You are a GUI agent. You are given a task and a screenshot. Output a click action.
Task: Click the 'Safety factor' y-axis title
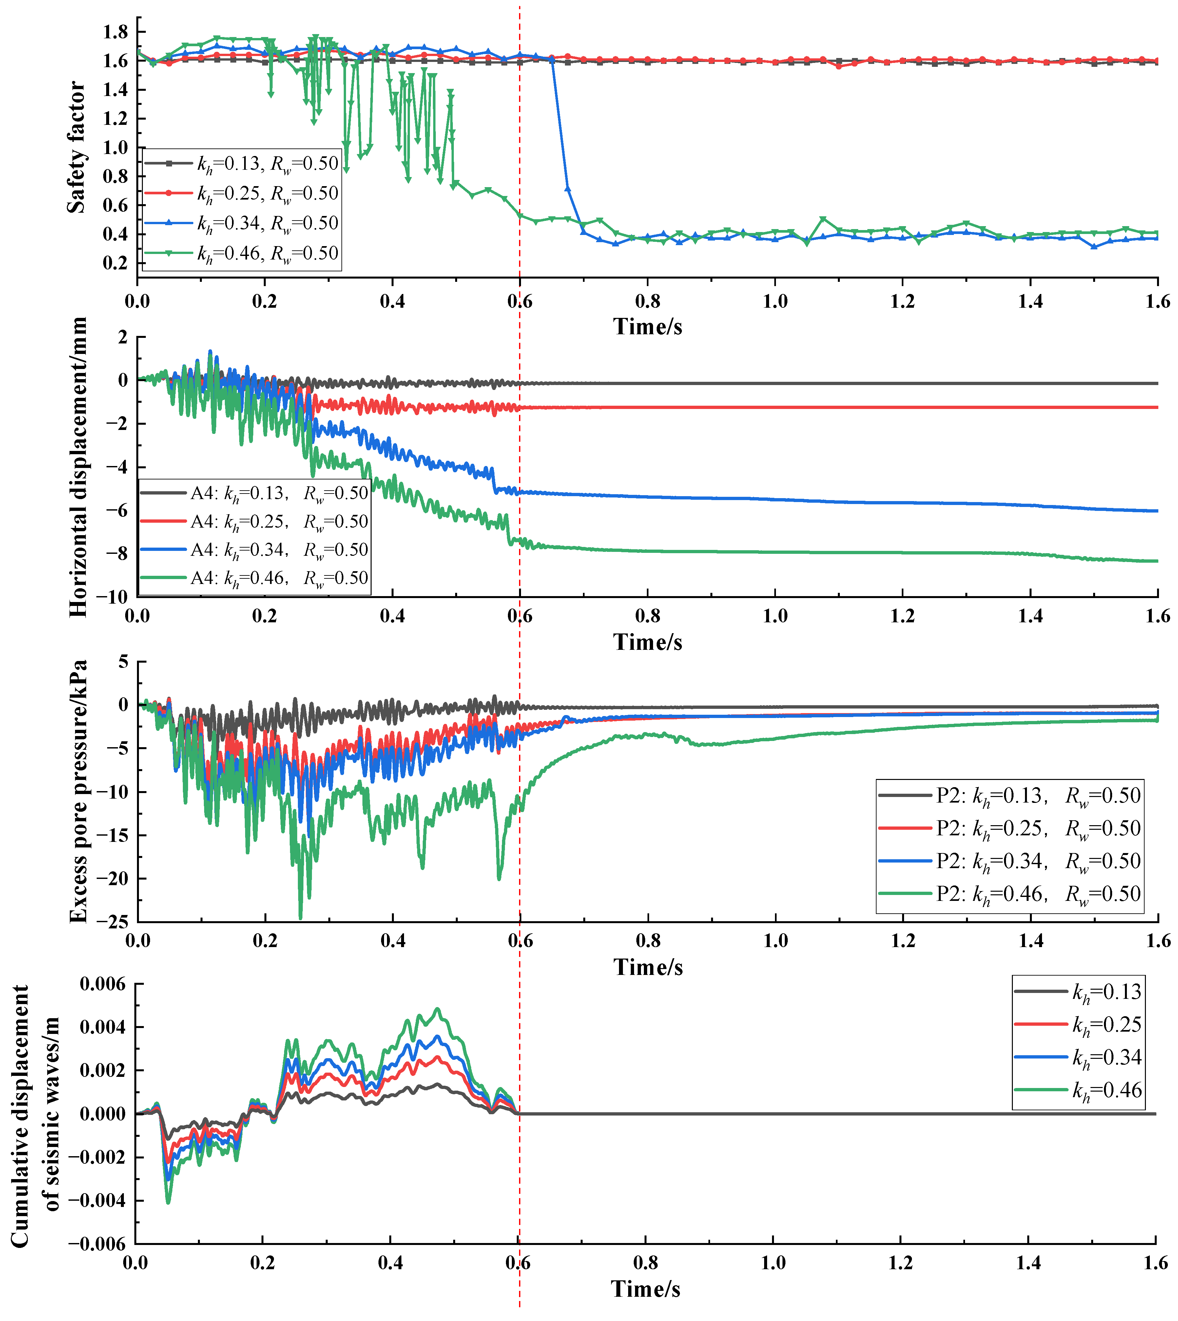click(x=76, y=147)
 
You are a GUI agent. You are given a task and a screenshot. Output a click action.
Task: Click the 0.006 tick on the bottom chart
click(x=102, y=984)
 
